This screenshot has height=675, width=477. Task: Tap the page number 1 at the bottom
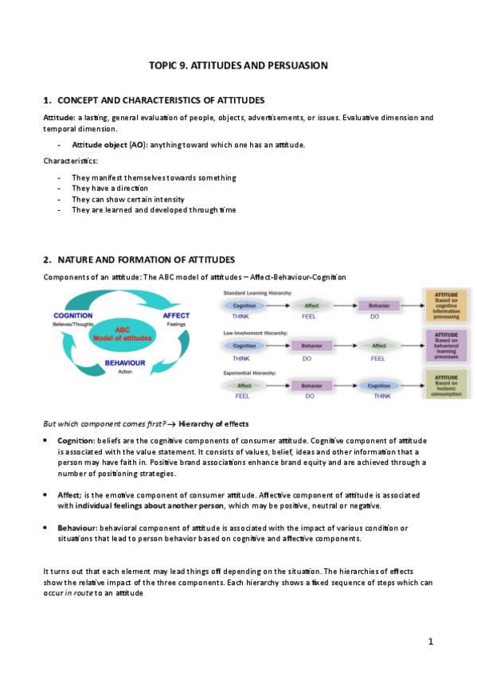(x=430, y=641)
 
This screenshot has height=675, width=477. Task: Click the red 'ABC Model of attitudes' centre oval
(x=123, y=332)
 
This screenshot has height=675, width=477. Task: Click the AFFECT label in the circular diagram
(x=176, y=316)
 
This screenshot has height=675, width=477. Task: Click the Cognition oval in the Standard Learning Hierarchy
(x=244, y=305)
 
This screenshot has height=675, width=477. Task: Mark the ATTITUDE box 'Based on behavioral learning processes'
(x=447, y=346)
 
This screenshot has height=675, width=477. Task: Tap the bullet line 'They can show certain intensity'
(x=127, y=199)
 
